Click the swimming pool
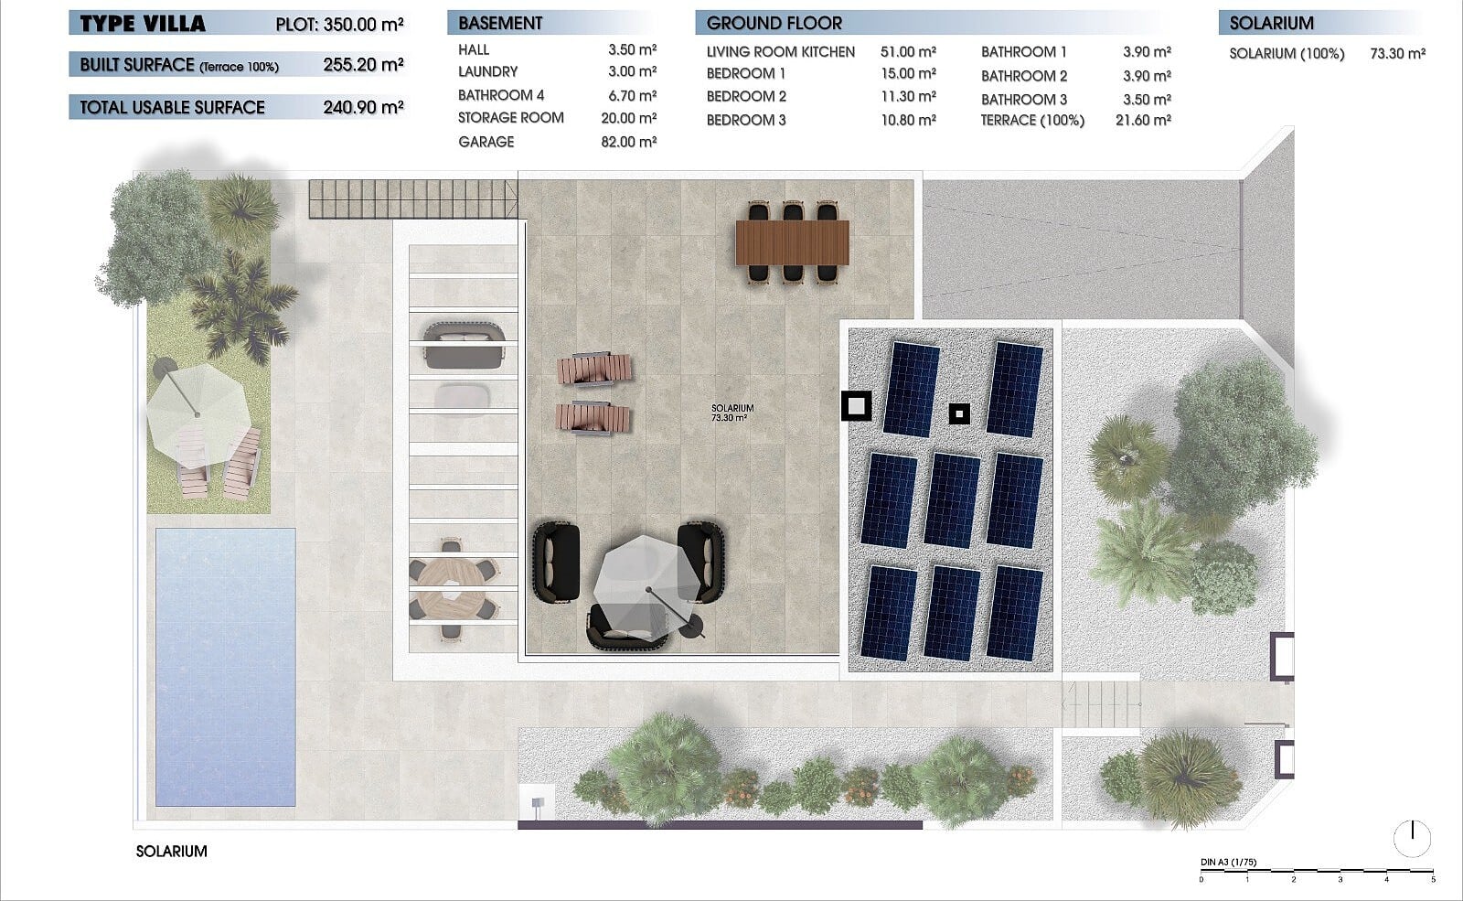click(225, 667)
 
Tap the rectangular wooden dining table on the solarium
click(792, 242)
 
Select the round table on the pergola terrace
click(452, 587)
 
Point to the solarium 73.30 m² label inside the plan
click(732, 413)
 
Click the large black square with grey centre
click(856, 406)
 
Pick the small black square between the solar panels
click(959, 413)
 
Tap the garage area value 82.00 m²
click(628, 142)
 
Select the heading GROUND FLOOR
click(774, 24)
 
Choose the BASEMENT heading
click(500, 24)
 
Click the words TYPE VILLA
click(143, 24)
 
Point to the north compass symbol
click(1412, 838)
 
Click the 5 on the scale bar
click(1433, 879)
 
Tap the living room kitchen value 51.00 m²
click(908, 51)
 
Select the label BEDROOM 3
click(746, 120)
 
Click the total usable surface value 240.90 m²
click(363, 107)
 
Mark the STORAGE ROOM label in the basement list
click(511, 118)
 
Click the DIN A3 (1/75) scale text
click(1228, 862)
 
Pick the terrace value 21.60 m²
click(1143, 120)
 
